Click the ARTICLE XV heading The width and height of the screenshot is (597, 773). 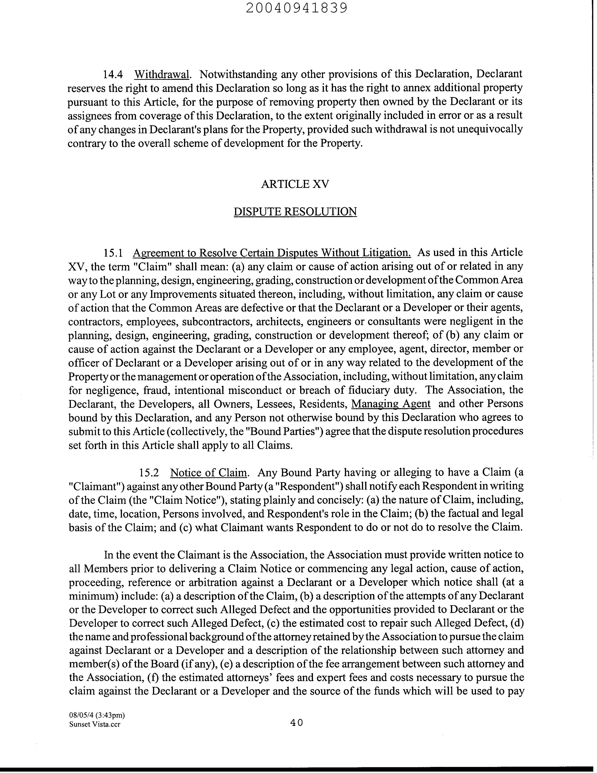(x=295, y=184)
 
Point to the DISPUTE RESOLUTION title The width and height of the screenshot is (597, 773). (x=295, y=212)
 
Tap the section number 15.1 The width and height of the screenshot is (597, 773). (x=113, y=253)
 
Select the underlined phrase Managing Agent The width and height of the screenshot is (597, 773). (x=391, y=404)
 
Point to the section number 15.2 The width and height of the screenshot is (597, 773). (x=149, y=473)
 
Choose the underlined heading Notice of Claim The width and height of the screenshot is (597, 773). (x=208, y=473)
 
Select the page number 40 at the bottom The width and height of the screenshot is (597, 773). (x=296, y=722)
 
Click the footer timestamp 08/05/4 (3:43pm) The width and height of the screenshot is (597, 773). (x=97, y=715)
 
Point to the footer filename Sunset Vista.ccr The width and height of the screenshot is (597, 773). (x=94, y=724)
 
